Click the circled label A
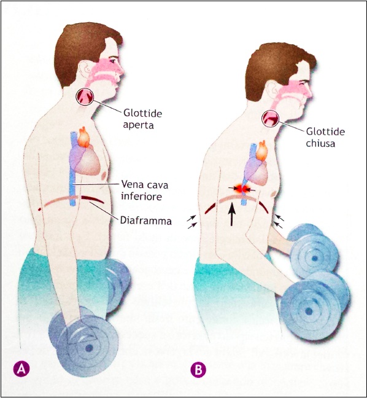21,369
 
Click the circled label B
198,370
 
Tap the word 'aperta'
138,125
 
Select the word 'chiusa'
320,143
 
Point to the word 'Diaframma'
146,221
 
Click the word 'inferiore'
142,197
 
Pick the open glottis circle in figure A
85,97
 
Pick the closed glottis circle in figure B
270,119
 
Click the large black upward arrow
232,214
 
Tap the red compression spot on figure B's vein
241,189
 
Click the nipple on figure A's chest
104,176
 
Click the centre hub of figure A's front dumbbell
89,348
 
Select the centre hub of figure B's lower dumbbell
309,311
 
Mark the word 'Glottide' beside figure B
325,131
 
